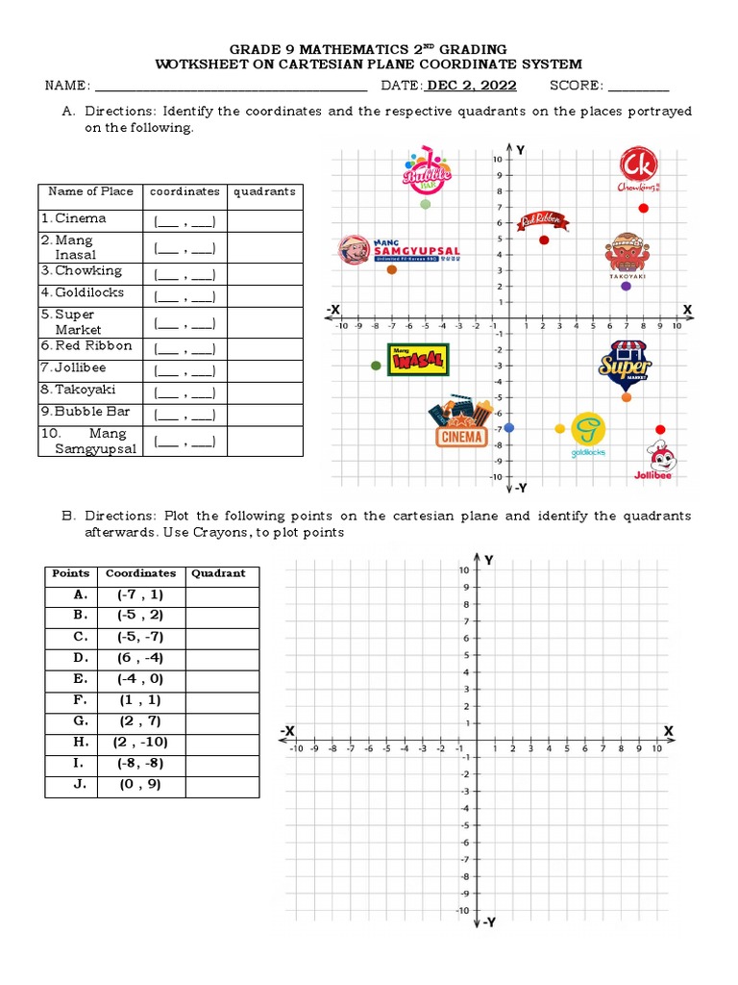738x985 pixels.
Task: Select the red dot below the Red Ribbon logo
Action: pos(544,240)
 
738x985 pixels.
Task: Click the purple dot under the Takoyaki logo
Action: pos(627,286)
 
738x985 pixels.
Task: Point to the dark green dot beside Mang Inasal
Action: pos(376,366)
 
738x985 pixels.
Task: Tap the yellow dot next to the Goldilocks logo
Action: pos(560,428)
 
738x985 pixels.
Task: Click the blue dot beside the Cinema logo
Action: pos(509,427)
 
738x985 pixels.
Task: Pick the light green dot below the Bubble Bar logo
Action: pos(425,204)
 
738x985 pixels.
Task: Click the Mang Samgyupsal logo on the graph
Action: pos(400,250)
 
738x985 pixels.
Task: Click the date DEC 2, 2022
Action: pos(472,86)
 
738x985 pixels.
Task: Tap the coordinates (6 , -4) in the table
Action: pos(140,658)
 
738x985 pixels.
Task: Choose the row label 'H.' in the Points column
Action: pos(81,742)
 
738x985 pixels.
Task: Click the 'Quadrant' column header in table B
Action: pos(218,573)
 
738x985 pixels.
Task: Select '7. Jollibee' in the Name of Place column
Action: pos(74,367)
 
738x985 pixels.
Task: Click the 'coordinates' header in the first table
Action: pos(184,191)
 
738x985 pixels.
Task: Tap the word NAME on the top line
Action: pos(67,86)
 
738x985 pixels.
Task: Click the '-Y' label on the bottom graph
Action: pos(487,922)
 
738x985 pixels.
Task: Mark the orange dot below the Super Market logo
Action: pos(627,397)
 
